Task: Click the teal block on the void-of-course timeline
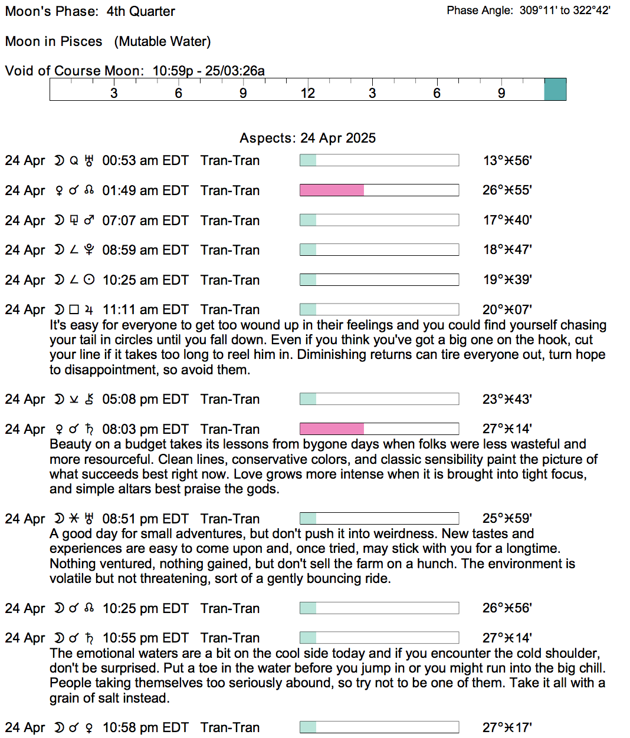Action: [555, 90]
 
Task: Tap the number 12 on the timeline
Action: [307, 93]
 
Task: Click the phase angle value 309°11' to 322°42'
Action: [565, 10]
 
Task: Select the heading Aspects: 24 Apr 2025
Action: [307, 138]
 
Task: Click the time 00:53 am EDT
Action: [145, 160]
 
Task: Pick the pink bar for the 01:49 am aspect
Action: [332, 190]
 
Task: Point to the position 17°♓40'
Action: [507, 220]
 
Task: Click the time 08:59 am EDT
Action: [145, 250]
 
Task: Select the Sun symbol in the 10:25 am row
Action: [89, 280]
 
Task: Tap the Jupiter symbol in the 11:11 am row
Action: [89, 309]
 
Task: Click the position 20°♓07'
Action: [507, 309]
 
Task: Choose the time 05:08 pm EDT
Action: [145, 399]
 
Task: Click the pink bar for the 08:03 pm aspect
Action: [332, 429]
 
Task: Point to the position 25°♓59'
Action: [507, 518]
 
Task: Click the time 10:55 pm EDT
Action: [145, 638]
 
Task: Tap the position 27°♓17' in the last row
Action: [507, 727]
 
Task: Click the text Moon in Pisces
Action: [54, 41]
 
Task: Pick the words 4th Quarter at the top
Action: [140, 11]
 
